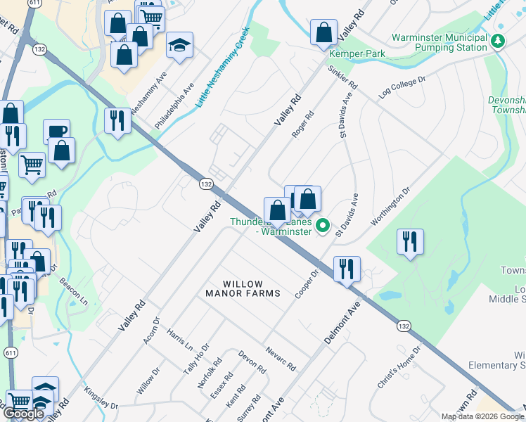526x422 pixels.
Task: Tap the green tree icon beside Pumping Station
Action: tap(498, 41)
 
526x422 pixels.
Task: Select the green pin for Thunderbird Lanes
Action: tap(323, 226)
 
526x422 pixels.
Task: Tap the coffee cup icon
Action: tap(56, 132)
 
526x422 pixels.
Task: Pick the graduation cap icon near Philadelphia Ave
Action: tap(180, 46)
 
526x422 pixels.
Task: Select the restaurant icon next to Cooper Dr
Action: tap(347, 269)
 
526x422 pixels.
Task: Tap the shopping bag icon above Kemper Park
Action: tap(323, 32)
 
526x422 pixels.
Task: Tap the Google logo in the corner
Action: tap(24, 414)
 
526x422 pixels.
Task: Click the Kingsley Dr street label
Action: tap(100, 401)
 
